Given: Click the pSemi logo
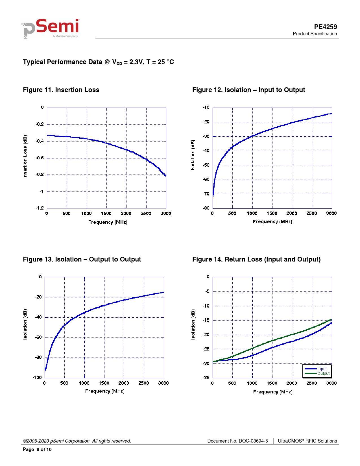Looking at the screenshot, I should [51, 29].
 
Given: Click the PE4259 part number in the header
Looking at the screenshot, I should [325, 27].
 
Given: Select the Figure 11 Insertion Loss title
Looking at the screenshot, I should [61, 90].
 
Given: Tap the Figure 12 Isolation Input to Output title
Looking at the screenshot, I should [248, 90].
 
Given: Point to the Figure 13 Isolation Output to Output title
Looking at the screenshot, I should [82, 259].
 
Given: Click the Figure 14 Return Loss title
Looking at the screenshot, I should [256, 259].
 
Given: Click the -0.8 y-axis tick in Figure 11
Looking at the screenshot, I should [40, 175].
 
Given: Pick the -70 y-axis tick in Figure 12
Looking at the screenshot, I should [206, 194].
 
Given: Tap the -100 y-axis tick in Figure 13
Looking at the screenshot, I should [37, 377].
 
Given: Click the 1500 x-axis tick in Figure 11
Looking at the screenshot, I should [106, 214].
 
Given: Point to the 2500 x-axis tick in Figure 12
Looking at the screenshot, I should [312, 213].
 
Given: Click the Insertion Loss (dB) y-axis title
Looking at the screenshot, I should [25, 156].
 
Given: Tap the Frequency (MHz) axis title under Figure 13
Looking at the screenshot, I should [105, 391].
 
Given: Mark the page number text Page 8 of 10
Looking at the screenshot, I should [37, 449].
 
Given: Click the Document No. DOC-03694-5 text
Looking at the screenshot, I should [237, 441].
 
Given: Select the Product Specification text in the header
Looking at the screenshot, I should [315, 34].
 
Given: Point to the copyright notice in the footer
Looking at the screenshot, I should [77, 441].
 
